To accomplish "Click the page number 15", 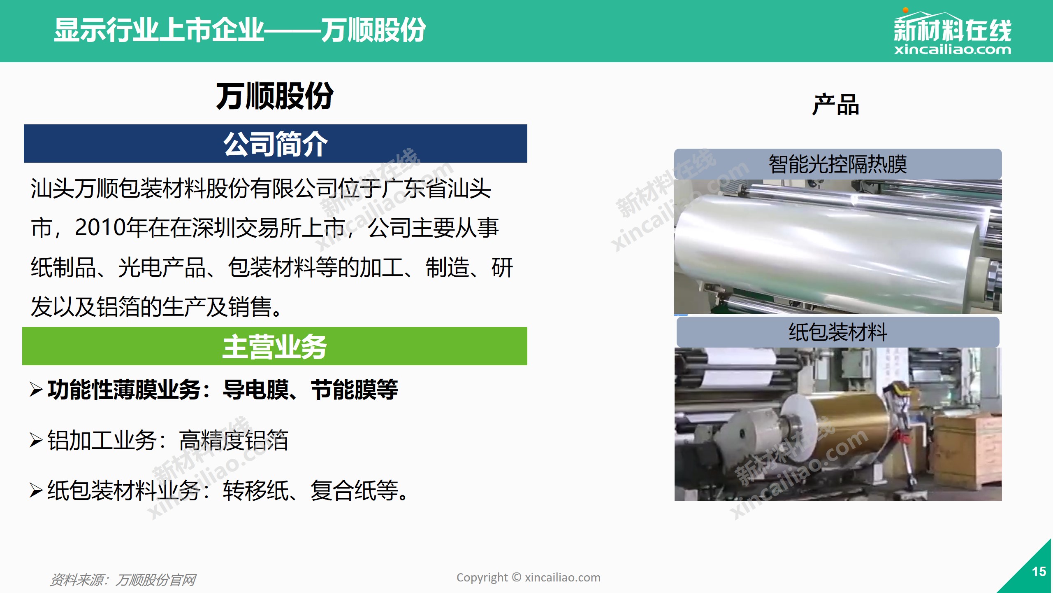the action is click(1039, 572).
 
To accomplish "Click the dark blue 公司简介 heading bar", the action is click(276, 143).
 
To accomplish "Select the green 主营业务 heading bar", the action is click(275, 346).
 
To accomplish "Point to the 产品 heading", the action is click(835, 105).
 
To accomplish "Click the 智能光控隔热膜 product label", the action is click(838, 164).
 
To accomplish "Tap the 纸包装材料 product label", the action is click(838, 332).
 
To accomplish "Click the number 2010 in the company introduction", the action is click(100, 227).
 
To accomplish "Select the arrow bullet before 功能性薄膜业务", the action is click(36, 390).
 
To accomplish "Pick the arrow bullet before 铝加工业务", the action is click(36, 440).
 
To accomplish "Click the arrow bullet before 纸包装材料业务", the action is click(36, 490).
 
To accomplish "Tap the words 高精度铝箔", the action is click(234, 440).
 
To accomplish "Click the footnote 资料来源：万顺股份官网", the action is click(123, 580).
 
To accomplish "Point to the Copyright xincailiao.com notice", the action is click(528, 577).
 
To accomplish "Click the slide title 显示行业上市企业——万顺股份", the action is click(240, 30).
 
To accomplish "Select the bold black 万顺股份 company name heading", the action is click(275, 96).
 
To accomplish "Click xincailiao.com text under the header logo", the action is click(952, 50).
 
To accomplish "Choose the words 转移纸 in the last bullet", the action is click(255, 490).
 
